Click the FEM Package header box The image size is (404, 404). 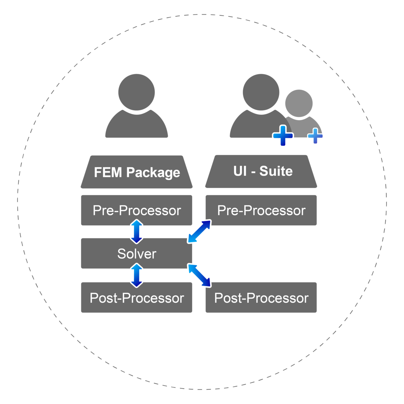click(137, 172)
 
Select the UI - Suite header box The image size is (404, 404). click(261, 171)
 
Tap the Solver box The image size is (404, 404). click(137, 254)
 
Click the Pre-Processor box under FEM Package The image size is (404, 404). click(137, 210)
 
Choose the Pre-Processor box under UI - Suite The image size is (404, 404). click(261, 210)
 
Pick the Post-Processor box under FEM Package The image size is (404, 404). click(137, 298)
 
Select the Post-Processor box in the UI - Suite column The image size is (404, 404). click(261, 298)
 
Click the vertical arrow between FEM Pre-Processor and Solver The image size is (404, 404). click(137, 232)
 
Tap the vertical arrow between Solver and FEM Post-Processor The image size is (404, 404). click(137, 275)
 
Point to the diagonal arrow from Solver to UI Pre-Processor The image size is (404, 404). click(199, 231)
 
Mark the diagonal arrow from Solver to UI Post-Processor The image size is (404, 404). click(199, 276)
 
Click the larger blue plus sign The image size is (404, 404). click(283, 136)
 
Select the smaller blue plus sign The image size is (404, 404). click(315, 136)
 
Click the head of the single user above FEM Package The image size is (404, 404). click(137, 92)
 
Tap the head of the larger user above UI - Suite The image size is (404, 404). click(261, 92)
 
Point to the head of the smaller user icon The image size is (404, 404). click(299, 103)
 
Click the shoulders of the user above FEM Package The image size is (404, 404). click(137, 126)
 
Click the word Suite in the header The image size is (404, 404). click(276, 171)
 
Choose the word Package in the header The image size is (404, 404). click(153, 172)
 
